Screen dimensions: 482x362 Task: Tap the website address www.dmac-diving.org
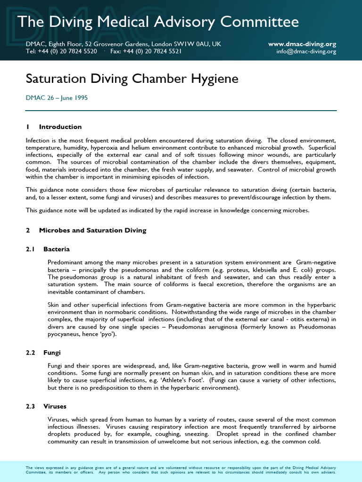pyautogui.click(x=302, y=44)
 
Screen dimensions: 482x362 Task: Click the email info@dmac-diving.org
pyautogui.click(x=306, y=51)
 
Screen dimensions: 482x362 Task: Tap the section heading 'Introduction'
pyautogui.click(x=60, y=127)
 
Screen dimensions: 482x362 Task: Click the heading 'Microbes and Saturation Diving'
pyautogui.click(x=92, y=230)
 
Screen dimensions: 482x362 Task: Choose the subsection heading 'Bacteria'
pyautogui.click(x=57, y=249)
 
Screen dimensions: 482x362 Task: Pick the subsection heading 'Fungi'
pyautogui.click(x=52, y=352)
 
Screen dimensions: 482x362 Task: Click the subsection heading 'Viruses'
pyautogui.click(x=55, y=406)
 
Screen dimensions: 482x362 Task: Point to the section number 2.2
pyautogui.click(x=31, y=352)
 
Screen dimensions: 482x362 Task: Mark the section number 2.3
pyautogui.click(x=31, y=406)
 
